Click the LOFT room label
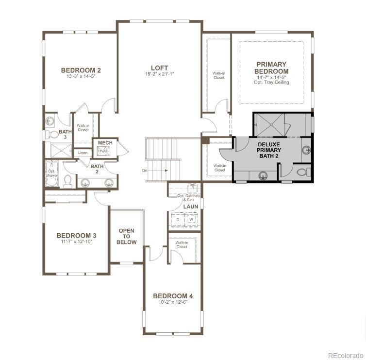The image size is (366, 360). pyautogui.click(x=159, y=68)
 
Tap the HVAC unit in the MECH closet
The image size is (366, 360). pyautogui.click(x=103, y=151)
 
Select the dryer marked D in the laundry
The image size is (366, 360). pyautogui.click(x=178, y=220)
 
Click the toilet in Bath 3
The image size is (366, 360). pyautogui.click(x=53, y=134)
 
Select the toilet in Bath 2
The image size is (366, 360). pyautogui.click(x=68, y=181)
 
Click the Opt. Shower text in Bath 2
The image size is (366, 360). pyautogui.click(x=52, y=173)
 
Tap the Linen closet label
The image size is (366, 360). pyautogui.click(x=83, y=153)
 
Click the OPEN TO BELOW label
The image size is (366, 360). pyautogui.click(x=126, y=237)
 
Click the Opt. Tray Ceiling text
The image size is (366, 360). pyautogui.click(x=271, y=82)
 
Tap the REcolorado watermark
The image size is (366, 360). pyautogui.click(x=345, y=355)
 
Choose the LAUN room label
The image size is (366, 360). pyautogui.click(x=190, y=206)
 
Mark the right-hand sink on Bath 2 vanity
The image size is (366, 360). pyautogui.click(x=110, y=183)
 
